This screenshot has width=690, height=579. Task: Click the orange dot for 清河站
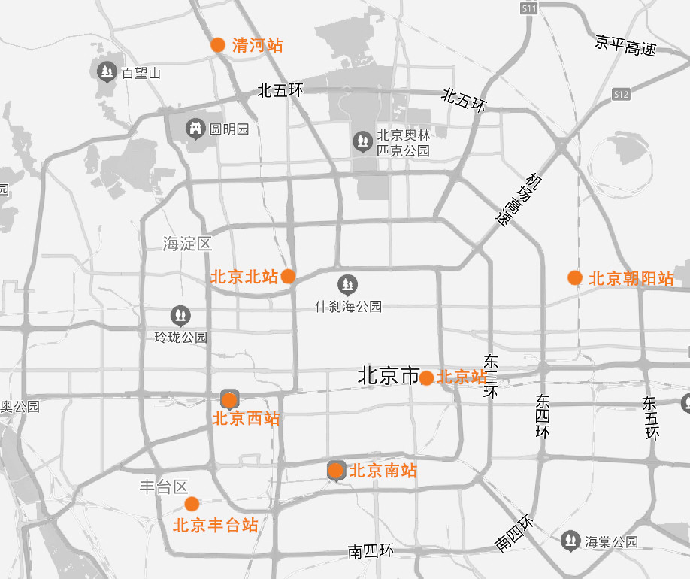click(218, 45)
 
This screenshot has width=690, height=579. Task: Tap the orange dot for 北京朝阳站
click(575, 278)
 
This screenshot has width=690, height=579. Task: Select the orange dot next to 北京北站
click(288, 277)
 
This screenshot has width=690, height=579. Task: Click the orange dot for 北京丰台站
click(192, 504)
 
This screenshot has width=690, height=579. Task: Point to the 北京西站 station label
click(246, 419)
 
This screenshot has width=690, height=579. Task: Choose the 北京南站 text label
click(383, 471)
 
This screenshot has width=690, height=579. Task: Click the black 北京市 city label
click(388, 375)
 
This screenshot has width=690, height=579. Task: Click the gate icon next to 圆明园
click(196, 129)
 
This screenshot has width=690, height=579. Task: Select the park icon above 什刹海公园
click(347, 285)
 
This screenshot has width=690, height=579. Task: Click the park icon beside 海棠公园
click(571, 541)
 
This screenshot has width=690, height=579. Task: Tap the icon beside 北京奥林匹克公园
click(362, 141)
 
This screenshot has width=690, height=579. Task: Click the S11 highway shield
click(529, 8)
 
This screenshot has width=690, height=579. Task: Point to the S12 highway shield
click(621, 95)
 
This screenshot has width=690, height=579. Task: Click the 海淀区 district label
click(187, 244)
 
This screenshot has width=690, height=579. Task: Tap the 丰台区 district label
click(163, 487)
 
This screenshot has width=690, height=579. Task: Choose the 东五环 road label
click(651, 418)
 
